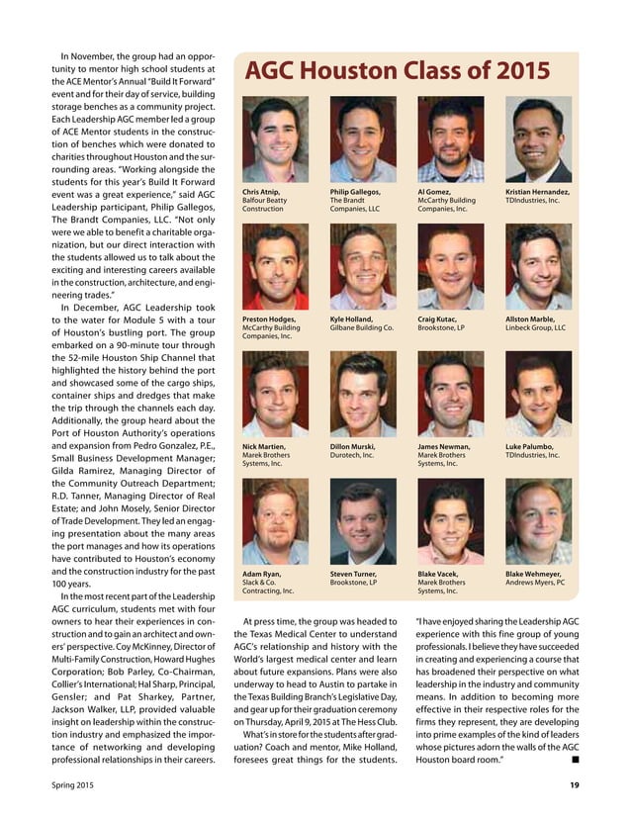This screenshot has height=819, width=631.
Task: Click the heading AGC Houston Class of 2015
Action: click(x=397, y=70)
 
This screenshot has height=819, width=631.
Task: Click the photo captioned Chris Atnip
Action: click(x=275, y=138)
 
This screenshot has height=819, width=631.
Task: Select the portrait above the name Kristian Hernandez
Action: click(x=538, y=138)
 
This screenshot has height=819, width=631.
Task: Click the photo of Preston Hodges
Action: click(x=275, y=267)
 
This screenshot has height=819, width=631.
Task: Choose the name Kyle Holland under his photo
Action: click(x=362, y=323)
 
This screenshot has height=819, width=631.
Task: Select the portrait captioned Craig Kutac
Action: click(x=450, y=267)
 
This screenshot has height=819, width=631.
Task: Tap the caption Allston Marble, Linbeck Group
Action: click(x=535, y=323)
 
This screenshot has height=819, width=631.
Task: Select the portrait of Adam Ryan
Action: click(x=275, y=521)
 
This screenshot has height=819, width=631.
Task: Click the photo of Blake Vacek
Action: click(x=450, y=521)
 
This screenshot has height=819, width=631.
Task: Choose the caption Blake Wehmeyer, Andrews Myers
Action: click(x=535, y=578)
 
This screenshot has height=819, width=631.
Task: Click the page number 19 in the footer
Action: click(x=574, y=786)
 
